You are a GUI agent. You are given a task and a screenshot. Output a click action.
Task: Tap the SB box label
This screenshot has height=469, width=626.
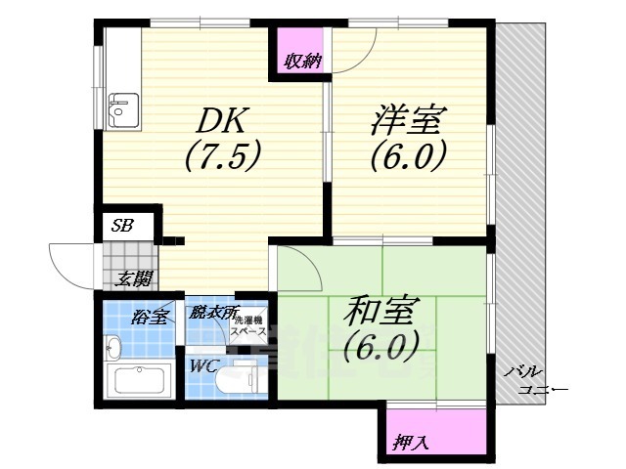[122, 226]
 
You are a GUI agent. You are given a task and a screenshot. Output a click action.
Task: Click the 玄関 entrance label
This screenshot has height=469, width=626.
[135, 278]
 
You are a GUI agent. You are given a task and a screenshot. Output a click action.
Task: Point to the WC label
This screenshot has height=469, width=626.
[203, 366]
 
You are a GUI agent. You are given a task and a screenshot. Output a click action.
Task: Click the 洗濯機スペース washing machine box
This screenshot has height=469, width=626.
[247, 326]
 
